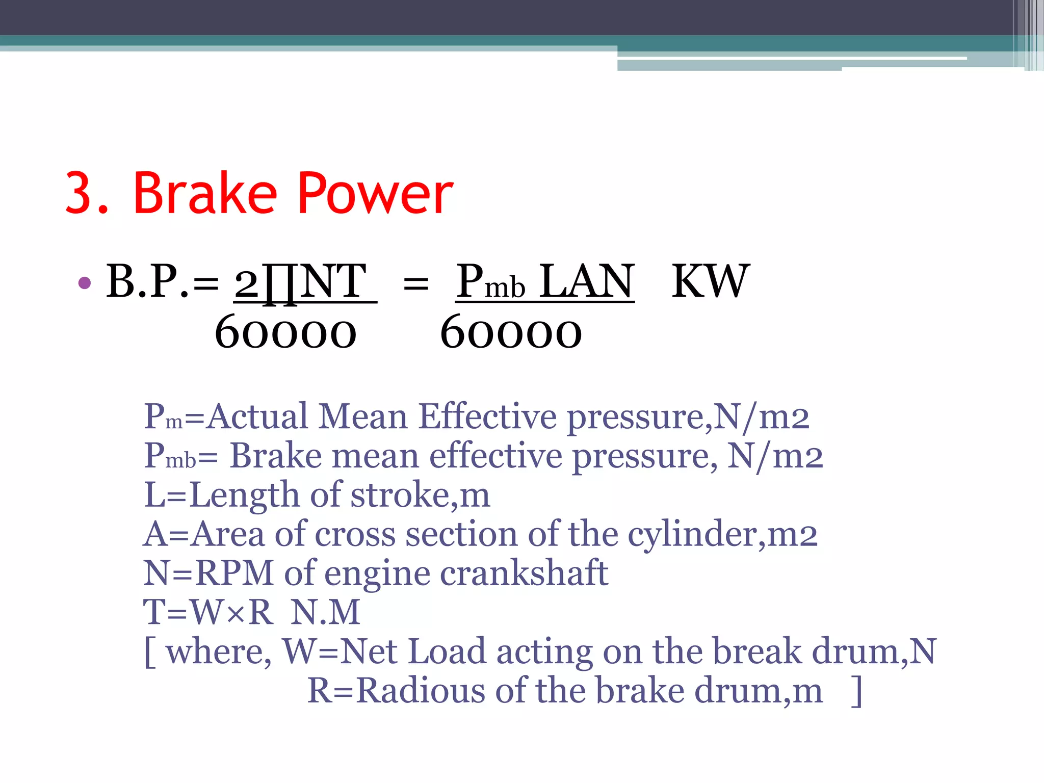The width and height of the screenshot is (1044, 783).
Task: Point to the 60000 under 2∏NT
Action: pyautogui.click(x=285, y=333)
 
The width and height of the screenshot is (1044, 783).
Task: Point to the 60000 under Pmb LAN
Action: pyautogui.click(x=511, y=333)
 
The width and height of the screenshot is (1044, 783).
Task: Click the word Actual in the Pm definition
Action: pyautogui.click(x=258, y=416)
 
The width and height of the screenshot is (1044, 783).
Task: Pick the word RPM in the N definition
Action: pyautogui.click(x=234, y=573)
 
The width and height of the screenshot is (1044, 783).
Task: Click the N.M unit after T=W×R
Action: pyautogui.click(x=325, y=612)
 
